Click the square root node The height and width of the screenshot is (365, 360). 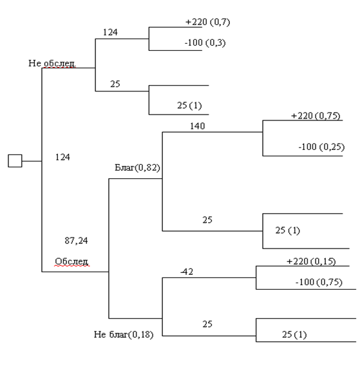[15, 161]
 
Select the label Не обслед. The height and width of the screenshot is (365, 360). [52, 63]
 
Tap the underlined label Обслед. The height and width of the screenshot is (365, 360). [71, 261]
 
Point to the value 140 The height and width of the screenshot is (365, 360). [198, 126]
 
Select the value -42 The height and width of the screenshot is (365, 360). [187, 272]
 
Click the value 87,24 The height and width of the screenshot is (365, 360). [76, 241]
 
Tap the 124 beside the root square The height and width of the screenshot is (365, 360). [62, 157]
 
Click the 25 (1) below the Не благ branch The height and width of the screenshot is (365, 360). [294, 335]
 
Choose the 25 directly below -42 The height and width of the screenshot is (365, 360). [207, 324]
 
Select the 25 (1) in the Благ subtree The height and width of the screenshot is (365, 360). [288, 230]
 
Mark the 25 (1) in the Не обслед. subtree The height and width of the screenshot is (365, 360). [189, 106]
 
